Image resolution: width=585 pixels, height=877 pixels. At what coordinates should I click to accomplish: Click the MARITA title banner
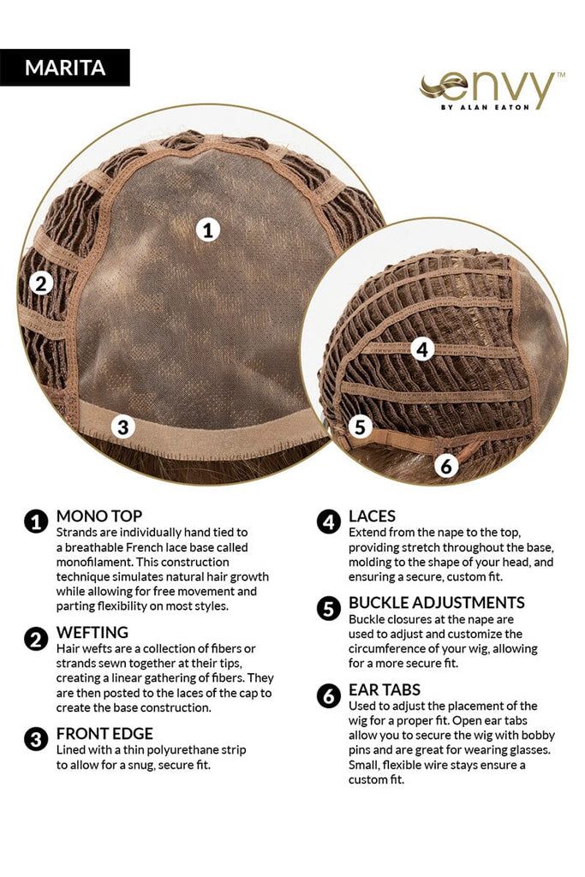tap(65, 68)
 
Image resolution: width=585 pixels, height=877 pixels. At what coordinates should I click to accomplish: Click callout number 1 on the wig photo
tap(208, 230)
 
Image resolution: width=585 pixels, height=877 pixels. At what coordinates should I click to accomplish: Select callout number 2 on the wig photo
tap(41, 283)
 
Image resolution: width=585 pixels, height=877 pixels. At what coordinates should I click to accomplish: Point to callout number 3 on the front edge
tap(123, 427)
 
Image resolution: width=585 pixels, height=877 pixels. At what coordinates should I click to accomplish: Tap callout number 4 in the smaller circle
tap(423, 349)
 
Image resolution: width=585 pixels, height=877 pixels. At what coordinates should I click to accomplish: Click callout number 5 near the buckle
tap(361, 427)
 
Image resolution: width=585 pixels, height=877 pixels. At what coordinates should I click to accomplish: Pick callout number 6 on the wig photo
tap(446, 465)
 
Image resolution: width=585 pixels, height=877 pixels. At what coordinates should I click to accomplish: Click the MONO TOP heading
tap(99, 516)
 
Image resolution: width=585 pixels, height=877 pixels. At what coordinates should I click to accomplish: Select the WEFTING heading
tap(93, 632)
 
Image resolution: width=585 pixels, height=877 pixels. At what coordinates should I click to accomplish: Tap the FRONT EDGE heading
tap(104, 733)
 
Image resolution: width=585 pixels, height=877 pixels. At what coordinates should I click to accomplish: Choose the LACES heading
tap(372, 516)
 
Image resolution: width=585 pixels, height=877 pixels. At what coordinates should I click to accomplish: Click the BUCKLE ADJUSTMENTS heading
tap(437, 602)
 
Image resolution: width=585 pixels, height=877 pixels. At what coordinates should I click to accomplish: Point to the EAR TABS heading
tap(385, 689)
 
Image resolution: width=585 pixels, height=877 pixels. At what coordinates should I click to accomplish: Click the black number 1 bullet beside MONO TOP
tap(36, 522)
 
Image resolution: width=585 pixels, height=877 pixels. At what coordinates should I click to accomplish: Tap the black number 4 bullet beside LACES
tap(328, 522)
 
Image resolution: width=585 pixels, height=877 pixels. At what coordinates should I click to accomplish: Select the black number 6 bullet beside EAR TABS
tap(328, 696)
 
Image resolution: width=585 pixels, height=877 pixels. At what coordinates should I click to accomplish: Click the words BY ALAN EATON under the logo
tap(485, 107)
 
